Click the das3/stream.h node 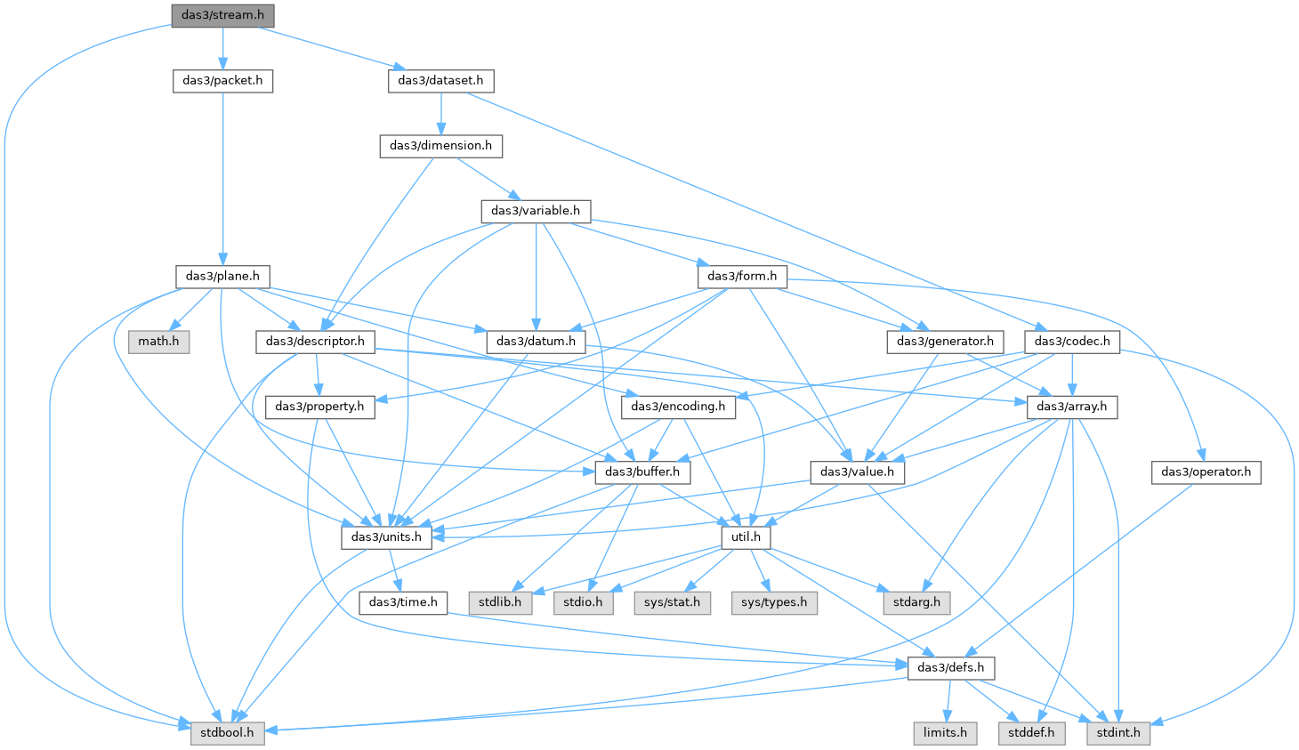[x=222, y=16]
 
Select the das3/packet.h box [x=222, y=81]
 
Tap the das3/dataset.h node [x=440, y=81]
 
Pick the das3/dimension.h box [x=440, y=146]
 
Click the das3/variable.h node [x=536, y=211]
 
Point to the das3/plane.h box [x=222, y=277]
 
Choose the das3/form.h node [x=742, y=277]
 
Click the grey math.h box [x=158, y=342]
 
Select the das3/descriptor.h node [x=316, y=342]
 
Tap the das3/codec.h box [x=1072, y=342]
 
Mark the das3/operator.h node [x=1206, y=472]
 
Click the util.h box [x=746, y=537]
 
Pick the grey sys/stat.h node [x=672, y=603]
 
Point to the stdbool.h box [x=228, y=734]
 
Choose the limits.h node [x=945, y=734]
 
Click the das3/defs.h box [x=951, y=668]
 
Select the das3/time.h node [x=403, y=603]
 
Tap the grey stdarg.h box [x=916, y=603]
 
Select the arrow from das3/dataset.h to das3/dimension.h [x=440, y=114]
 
